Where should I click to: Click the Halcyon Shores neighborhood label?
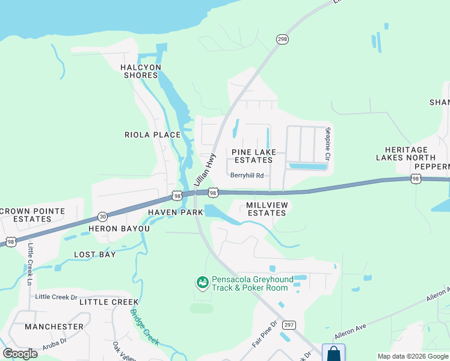[141, 71]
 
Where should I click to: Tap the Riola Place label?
[152, 135]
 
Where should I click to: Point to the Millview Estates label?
[267, 209]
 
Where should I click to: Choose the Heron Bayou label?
[119, 229]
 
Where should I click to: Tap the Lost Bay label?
[94, 255]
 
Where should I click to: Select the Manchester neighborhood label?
[54, 327]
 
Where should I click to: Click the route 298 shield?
[282, 39]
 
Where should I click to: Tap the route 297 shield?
[289, 324]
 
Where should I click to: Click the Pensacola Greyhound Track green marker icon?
[202, 282]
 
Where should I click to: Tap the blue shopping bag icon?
[333, 353]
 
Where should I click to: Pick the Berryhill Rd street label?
[247, 176]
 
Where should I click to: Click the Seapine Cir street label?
[328, 144]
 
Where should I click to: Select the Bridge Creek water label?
[145, 327]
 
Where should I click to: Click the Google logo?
[20, 354]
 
